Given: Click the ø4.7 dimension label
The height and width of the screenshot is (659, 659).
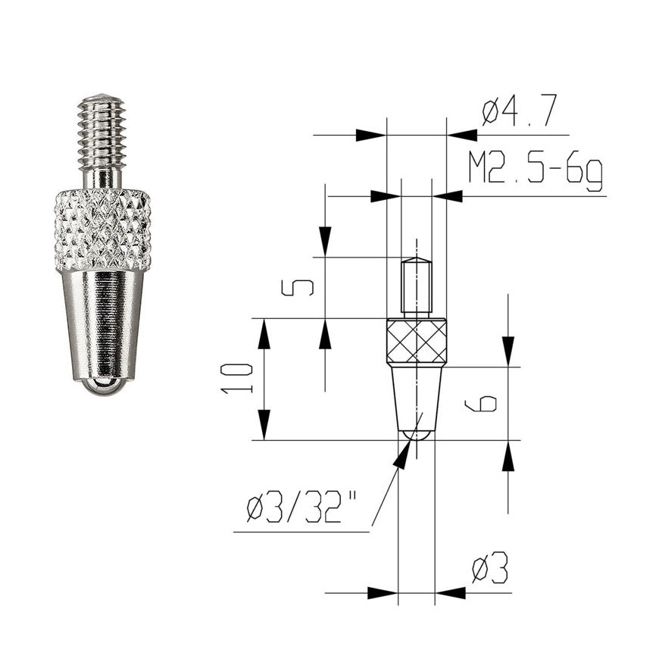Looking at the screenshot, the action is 519,110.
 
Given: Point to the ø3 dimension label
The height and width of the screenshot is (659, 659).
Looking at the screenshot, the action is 490,567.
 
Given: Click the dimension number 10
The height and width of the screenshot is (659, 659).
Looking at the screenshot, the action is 236,379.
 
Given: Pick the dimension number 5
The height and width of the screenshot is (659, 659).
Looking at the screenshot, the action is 297,288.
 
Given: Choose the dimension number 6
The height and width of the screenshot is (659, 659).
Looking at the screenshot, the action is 481,404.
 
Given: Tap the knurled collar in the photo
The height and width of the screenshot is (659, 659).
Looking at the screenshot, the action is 102,230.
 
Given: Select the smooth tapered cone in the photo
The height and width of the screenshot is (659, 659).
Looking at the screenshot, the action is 102,324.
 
